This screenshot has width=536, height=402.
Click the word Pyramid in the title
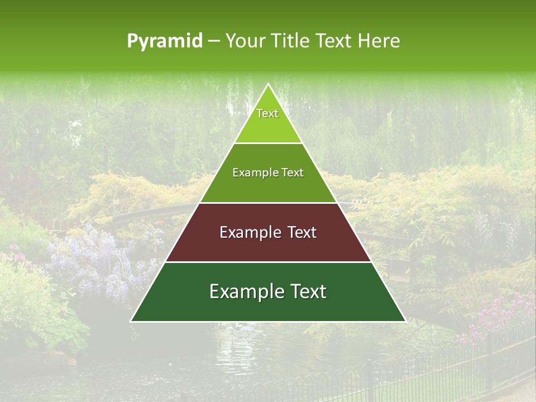(x=164, y=41)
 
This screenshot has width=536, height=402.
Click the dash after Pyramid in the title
(x=214, y=41)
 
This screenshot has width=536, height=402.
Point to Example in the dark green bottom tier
(x=243, y=291)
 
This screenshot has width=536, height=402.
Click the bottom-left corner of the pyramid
(x=131, y=321)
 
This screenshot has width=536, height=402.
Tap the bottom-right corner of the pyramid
(x=405, y=321)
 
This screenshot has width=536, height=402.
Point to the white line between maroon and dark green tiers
(x=268, y=262)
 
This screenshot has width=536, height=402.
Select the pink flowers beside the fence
(x=497, y=313)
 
